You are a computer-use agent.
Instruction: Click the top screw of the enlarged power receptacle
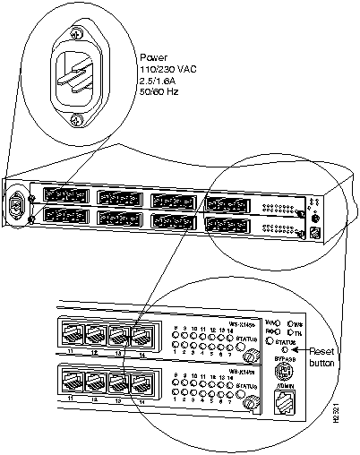[x=74, y=34]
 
